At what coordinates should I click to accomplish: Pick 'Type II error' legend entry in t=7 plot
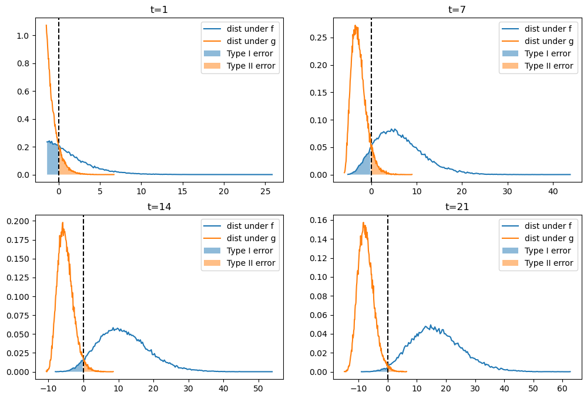548,66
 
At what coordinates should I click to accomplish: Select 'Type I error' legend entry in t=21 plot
548,251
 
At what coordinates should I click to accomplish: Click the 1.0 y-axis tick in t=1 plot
22,36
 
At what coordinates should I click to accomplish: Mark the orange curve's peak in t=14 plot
62,222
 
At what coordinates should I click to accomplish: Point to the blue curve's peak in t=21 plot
430,325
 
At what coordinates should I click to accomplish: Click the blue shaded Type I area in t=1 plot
52,158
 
